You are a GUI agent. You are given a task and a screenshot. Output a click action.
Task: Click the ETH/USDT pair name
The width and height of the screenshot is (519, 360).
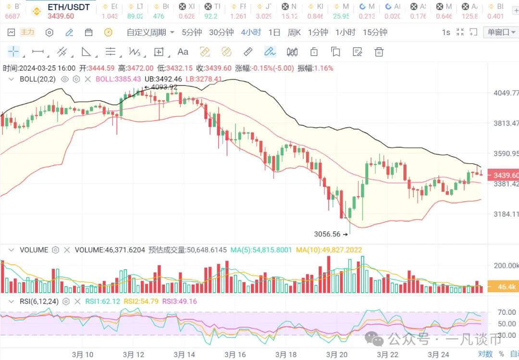[69, 7]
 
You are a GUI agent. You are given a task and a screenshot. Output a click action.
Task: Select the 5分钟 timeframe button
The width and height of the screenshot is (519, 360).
[191, 32]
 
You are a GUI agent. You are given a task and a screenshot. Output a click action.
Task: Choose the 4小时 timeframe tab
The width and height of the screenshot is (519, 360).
[251, 32]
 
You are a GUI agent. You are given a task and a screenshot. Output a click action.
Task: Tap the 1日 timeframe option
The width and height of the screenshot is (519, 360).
[274, 32]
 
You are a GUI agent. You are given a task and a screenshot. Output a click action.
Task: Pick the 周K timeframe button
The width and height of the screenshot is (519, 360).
[294, 32]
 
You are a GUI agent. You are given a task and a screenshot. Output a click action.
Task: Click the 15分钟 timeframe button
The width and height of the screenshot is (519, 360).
[375, 32]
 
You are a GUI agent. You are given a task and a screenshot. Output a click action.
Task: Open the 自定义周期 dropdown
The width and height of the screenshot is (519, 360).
[150, 32]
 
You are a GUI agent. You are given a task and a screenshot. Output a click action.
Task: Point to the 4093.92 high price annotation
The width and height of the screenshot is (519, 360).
[163, 87]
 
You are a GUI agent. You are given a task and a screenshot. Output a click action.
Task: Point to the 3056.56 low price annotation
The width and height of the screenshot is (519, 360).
[327, 234]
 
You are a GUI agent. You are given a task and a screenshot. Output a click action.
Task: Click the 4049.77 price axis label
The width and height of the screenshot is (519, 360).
[506, 93]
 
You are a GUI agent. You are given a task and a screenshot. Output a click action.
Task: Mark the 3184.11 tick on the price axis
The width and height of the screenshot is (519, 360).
[506, 214]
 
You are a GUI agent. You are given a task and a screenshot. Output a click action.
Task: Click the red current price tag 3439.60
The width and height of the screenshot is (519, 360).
[503, 175]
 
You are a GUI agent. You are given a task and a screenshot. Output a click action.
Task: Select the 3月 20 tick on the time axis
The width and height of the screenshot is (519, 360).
[337, 354]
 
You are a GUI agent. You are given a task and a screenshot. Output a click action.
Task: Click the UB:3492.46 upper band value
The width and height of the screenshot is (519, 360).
[163, 79]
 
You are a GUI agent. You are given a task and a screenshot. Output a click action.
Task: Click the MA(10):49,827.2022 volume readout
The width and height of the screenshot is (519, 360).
[329, 250]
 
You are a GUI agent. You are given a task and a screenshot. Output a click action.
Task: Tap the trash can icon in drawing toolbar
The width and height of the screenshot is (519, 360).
[379, 52]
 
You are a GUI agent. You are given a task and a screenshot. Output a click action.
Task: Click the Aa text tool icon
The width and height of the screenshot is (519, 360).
[183, 52]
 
